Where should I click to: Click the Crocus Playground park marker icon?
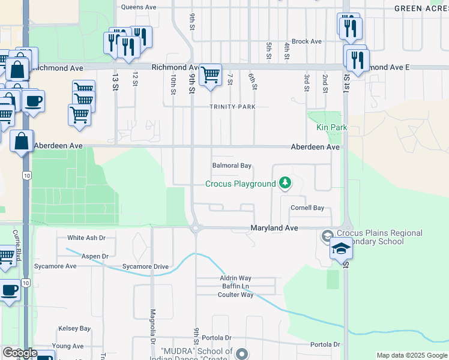pyautogui.click(x=286, y=182)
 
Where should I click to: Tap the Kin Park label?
pyautogui.click(x=332, y=128)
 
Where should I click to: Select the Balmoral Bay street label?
pyautogui.click(x=231, y=166)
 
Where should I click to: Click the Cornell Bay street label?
pyautogui.click(x=307, y=208)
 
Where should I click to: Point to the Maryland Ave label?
pyautogui.click(x=274, y=229)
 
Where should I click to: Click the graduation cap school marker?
pyautogui.click(x=341, y=248)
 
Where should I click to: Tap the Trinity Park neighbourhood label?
pyautogui.click(x=232, y=107)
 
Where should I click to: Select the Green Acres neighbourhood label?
pyautogui.click(x=421, y=8)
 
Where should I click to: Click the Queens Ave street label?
pyautogui.click(x=138, y=8)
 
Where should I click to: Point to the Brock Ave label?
pyautogui.click(x=307, y=41)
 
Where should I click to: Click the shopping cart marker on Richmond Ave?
pyautogui.click(x=210, y=75)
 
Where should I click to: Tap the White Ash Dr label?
pyautogui.click(x=86, y=238)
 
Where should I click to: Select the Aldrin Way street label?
pyautogui.click(x=235, y=278)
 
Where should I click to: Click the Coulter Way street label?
pyautogui.click(x=236, y=295)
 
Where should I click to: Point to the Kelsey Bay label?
pyautogui.click(x=74, y=329)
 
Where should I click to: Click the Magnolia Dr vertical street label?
pyautogui.click(x=153, y=322)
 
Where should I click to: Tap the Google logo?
pyautogui.click(x=20, y=353)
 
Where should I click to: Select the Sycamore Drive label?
pyautogui.click(x=145, y=266)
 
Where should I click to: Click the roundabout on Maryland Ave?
pyautogui.click(x=195, y=228)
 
